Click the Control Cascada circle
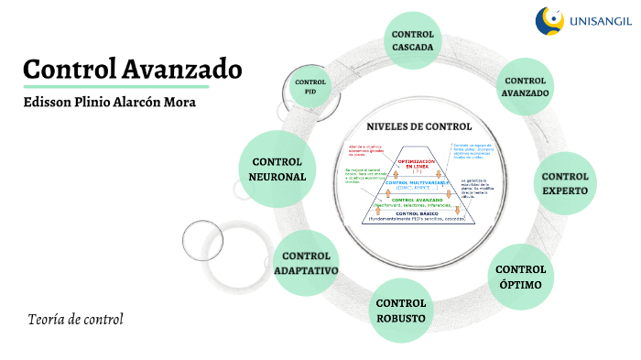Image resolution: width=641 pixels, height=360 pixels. (x=413, y=40)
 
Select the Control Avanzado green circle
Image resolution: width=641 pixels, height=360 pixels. (x=526, y=87)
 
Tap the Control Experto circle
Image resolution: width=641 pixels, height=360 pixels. (x=565, y=183)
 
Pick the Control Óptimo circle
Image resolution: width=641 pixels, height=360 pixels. (x=520, y=277)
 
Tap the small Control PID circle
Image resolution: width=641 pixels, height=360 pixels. (x=310, y=88)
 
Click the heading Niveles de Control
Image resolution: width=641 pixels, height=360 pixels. (x=418, y=126)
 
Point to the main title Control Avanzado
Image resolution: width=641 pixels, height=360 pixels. (x=133, y=69)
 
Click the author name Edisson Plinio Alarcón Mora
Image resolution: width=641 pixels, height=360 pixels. (x=110, y=102)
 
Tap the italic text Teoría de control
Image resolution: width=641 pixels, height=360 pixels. (x=75, y=320)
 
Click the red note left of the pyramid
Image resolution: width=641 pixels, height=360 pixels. (x=365, y=151)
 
